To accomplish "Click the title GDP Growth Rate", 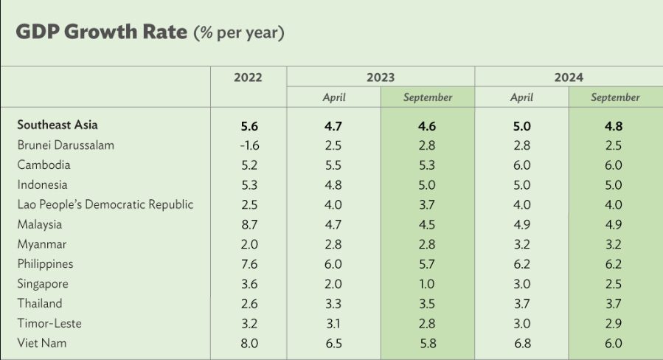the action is tap(102, 32).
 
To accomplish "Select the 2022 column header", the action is tap(249, 77).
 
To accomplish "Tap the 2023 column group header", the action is tap(381, 77).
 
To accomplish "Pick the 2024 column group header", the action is tap(569, 77).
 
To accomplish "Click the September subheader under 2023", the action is tap(428, 97).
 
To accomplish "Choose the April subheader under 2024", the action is tap(521, 97).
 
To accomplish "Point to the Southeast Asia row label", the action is tap(58, 125).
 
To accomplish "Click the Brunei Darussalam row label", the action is tap(66, 145).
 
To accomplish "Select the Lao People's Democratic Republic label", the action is tap(105, 205).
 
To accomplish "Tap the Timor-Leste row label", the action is tap(49, 324).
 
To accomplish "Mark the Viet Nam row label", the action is tap(42, 343).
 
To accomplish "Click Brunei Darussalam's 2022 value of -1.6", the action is tap(249, 145).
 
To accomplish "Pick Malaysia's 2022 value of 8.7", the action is tap(249, 224).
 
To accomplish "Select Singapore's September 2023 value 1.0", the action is tap(427, 284).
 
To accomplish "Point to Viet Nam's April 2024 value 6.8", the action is tap(522, 344).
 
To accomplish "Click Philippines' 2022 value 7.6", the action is tap(249, 264).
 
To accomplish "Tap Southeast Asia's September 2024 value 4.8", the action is tap(614, 126).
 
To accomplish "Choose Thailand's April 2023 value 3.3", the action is tap(333, 304).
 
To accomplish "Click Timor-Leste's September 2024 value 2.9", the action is tap(614, 324).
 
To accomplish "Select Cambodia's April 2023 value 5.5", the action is tap(333, 165).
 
